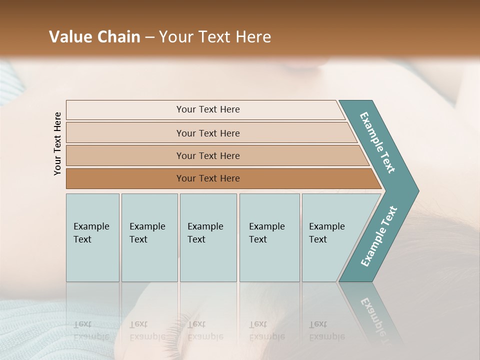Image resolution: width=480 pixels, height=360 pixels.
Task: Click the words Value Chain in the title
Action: coord(94,37)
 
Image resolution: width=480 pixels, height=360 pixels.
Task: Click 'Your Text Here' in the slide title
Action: coord(215,37)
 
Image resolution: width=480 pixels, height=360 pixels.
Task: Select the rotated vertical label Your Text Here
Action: coord(58,143)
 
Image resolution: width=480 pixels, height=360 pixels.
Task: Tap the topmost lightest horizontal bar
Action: coord(208,109)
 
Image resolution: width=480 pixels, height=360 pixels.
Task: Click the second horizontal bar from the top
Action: coord(208,133)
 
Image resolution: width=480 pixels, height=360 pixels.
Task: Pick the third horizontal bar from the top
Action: coord(208,155)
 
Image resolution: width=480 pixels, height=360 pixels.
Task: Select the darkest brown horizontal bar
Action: coord(208,178)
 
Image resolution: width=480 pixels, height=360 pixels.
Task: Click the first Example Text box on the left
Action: coord(92,237)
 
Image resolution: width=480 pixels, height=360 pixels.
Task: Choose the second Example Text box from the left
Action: coord(149,237)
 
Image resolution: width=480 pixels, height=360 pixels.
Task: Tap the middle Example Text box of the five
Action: coord(208,237)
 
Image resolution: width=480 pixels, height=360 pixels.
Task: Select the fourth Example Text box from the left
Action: coord(269,237)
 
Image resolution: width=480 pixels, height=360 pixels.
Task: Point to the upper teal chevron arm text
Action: coord(378,142)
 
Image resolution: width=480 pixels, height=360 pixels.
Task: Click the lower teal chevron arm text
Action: coord(379,236)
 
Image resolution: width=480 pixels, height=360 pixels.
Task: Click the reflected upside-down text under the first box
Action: coord(91,330)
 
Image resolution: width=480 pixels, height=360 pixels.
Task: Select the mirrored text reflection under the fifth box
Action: coord(326,330)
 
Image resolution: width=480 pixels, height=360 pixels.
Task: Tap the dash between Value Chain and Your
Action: coord(149,37)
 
